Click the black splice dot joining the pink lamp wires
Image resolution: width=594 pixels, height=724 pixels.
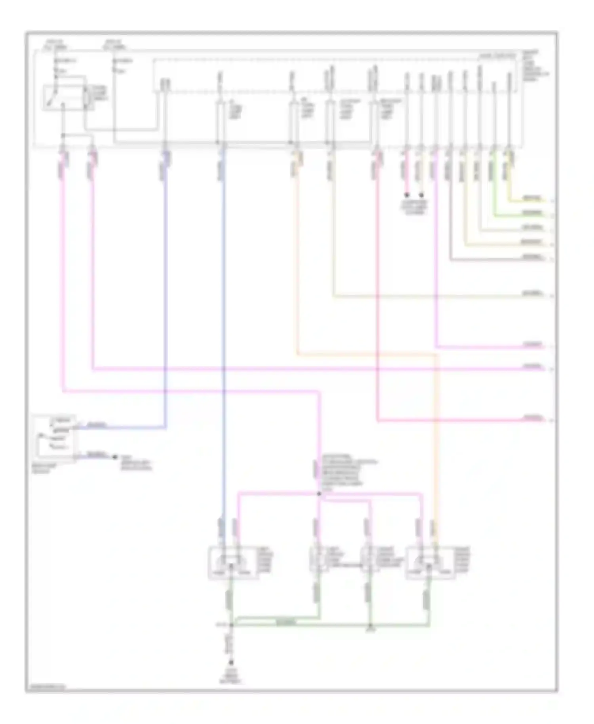pos(319,494)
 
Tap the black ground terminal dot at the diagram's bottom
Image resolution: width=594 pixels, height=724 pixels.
pos(231,663)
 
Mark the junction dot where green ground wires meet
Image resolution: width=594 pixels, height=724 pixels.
pos(231,625)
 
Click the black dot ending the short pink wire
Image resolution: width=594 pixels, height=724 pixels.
pos(406,195)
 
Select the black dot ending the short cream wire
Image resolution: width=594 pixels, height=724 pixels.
pos(421,195)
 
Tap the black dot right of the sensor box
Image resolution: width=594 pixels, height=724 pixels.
pos(115,457)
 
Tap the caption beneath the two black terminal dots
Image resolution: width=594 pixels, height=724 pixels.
pos(414,207)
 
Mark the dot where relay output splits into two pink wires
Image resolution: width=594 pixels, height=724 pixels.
pos(63,136)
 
